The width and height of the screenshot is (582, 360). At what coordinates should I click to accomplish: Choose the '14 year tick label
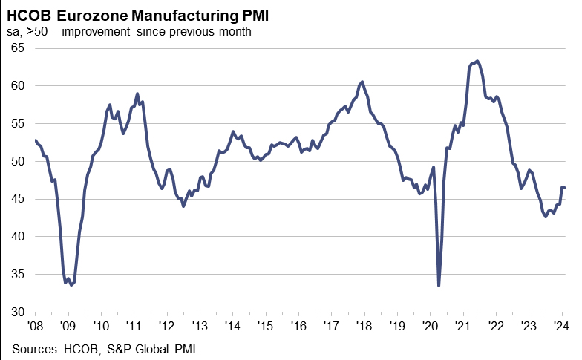pos(232,325)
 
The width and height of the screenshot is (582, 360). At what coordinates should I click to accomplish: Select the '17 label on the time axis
pos(331,325)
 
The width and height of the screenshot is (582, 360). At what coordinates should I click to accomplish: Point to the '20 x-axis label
pos(430,325)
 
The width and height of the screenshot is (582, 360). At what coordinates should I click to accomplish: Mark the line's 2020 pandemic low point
pos(439,286)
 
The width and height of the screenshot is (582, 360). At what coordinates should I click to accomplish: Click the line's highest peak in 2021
pos(477,61)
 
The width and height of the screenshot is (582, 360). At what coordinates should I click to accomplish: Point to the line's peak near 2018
pos(362,82)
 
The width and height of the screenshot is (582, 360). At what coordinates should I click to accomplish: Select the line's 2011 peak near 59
pos(137,94)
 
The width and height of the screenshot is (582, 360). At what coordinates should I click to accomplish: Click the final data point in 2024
pos(564,188)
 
